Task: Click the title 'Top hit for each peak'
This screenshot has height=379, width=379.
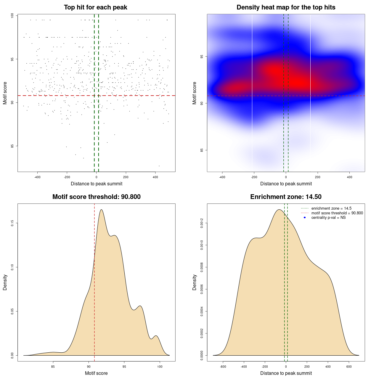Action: [x=95, y=7]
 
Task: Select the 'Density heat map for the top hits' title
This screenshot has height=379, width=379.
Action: [x=286, y=7]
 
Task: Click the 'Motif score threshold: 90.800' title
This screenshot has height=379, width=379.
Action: [x=96, y=197]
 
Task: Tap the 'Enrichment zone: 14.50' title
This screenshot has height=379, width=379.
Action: [x=286, y=197]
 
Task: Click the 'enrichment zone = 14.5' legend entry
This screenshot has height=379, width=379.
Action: [x=331, y=208]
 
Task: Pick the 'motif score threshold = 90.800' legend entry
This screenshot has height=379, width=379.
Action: [x=337, y=213]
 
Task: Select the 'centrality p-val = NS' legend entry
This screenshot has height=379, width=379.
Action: [x=328, y=218]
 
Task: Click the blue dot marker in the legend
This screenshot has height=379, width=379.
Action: [x=305, y=218]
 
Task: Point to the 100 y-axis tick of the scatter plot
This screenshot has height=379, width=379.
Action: [x=12, y=16]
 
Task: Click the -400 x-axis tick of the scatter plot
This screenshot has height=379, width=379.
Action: [x=37, y=177]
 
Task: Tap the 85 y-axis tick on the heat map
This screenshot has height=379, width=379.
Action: [x=202, y=150]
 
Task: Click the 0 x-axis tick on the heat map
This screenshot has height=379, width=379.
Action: [x=286, y=177]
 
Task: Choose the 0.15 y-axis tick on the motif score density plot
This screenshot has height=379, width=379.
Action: [x=12, y=223]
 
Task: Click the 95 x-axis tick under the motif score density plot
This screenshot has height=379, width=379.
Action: [x=124, y=367]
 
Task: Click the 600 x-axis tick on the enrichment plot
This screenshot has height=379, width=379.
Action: [x=349, y=367]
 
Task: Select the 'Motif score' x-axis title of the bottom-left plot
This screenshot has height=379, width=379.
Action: [x=96, y=373]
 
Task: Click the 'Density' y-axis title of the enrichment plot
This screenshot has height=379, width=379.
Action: [x=195, y=282]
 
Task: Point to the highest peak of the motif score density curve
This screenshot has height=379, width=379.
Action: [x=101, y=210]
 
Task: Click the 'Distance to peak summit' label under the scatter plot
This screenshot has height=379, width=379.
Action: [x=97, y=184]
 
